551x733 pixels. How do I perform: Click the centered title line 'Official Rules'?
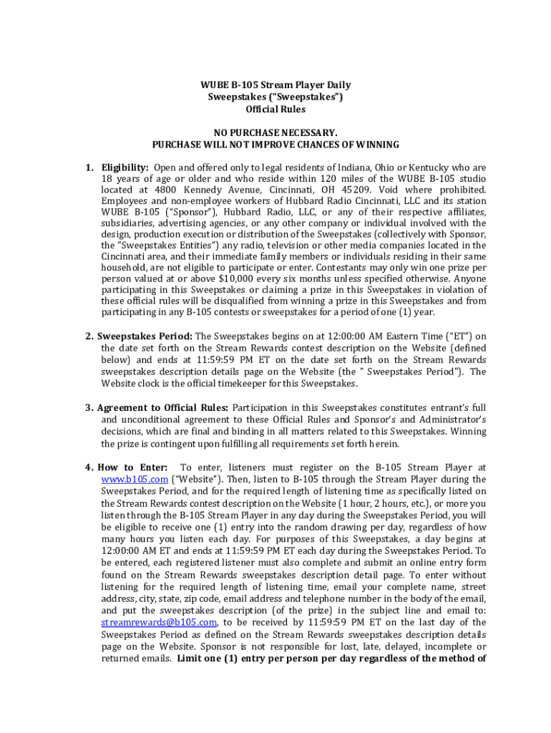tap(275, 110)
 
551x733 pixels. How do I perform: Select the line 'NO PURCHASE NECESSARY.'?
tap(275, 133)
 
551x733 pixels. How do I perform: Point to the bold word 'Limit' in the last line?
tap(192, 659)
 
